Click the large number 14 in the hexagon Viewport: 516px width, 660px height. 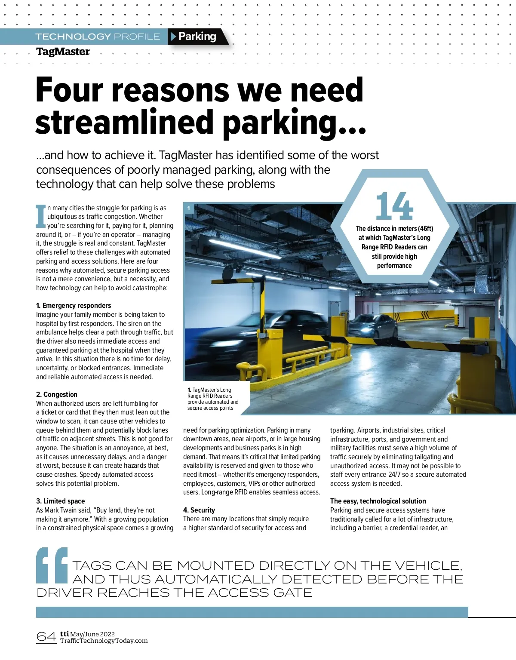[x=394, y=207]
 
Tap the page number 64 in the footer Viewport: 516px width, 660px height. [x=46, y=636]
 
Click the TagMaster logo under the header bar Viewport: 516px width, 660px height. [x=63, y=52]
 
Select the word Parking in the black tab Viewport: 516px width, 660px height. [x=197, y=37]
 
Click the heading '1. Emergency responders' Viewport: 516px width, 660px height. [x=74, y=306]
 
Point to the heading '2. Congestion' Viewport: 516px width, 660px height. [x=57, y=395]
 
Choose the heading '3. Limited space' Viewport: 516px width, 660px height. [x=61, y=501]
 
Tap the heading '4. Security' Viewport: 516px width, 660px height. [x=199, y=510]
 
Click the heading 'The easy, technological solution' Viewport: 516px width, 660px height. [x=378, y=501]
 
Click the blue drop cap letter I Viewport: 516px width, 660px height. [x=41, y=216]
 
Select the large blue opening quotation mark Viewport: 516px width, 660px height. [x=52, y=565]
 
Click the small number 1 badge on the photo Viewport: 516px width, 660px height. [x=188, y=209]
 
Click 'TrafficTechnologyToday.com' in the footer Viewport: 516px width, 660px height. [x=104, y=641]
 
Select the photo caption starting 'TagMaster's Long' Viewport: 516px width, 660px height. [x=212, y=399]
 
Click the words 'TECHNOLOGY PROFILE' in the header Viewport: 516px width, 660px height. [x=98, y=37]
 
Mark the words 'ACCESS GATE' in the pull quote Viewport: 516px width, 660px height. [x=260, y=593]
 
